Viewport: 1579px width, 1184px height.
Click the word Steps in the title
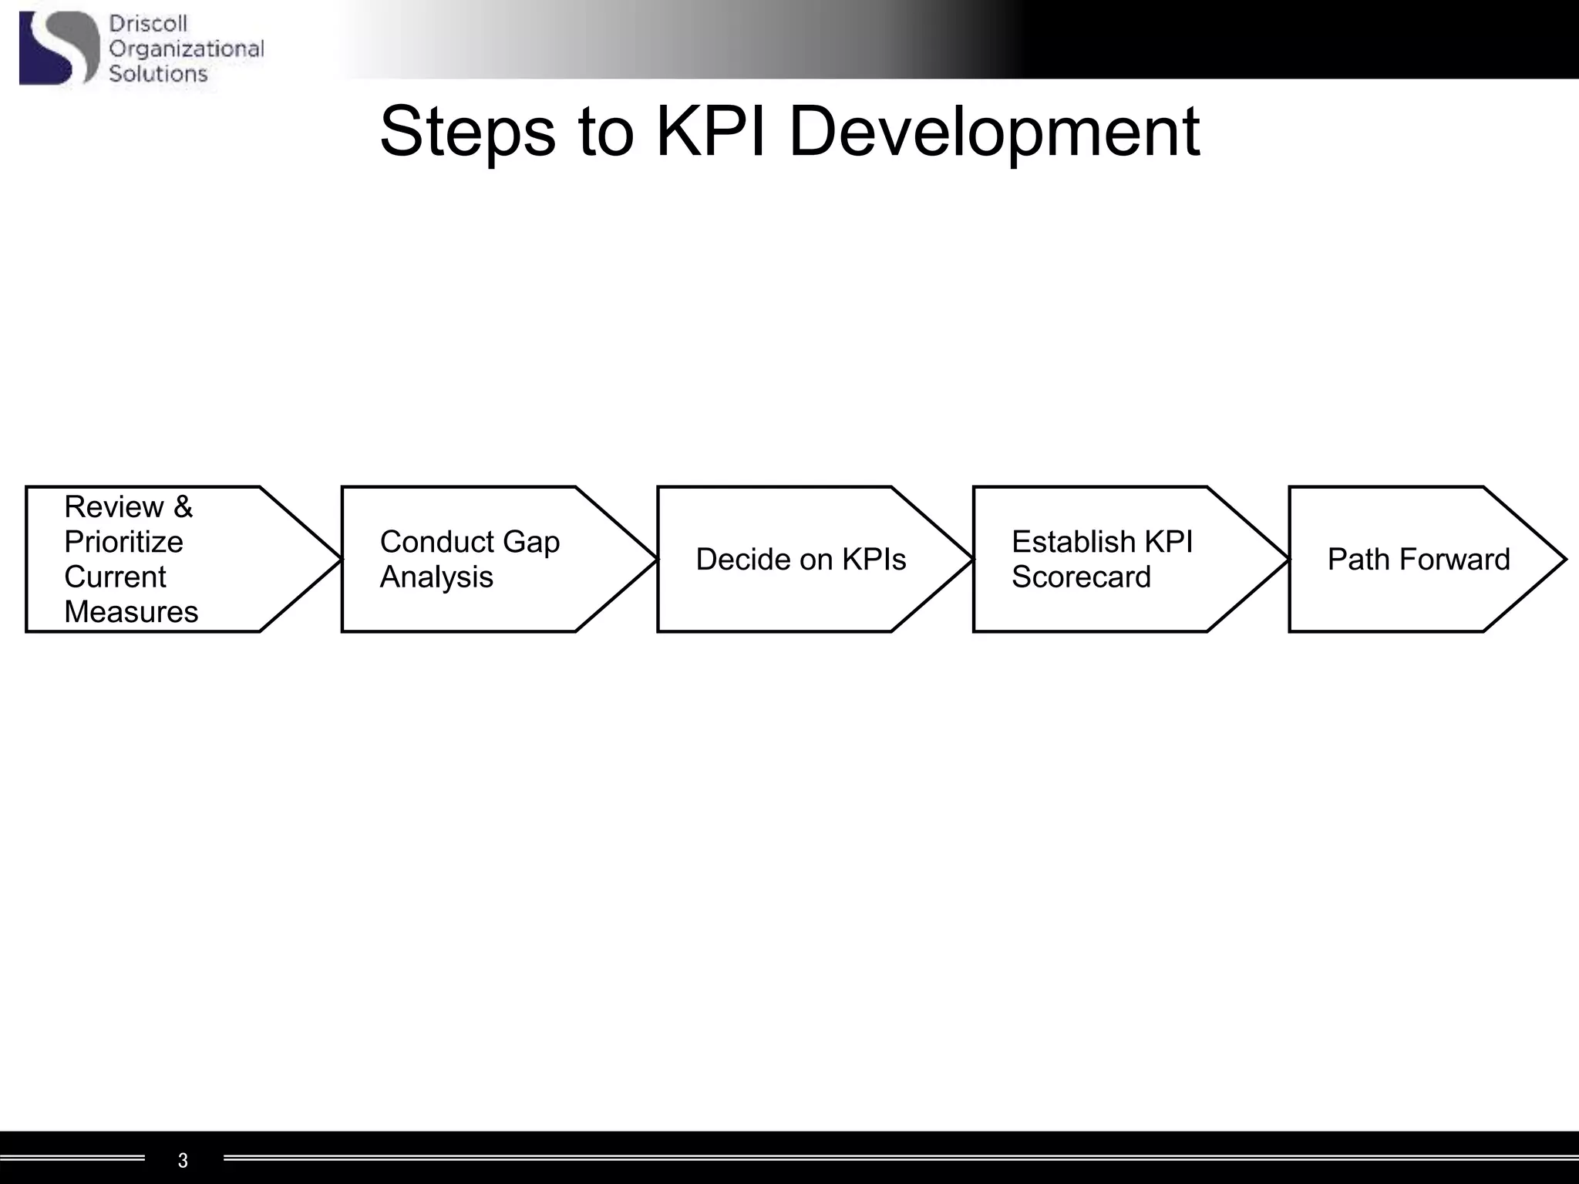tap(467, 133)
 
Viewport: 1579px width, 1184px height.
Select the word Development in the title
tap(995, 133)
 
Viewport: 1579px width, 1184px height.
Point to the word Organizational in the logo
tap(187, 49)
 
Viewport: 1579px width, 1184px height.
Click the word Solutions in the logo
tap(158, 74)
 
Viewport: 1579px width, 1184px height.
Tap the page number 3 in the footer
tap(183, 1160)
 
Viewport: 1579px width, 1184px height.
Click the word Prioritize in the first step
tap(123, 542)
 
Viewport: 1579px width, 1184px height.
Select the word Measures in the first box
tap(131, 612)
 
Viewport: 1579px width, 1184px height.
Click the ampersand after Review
tap(183, 507)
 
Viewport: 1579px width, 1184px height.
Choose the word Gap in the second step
tap(531, 542)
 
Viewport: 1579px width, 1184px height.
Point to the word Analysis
tap(436, 577)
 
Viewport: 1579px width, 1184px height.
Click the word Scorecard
tap(1081, 577)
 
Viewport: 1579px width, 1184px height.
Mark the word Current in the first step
tap(115, 577)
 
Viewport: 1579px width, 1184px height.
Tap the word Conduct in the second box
tap(436, 542)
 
